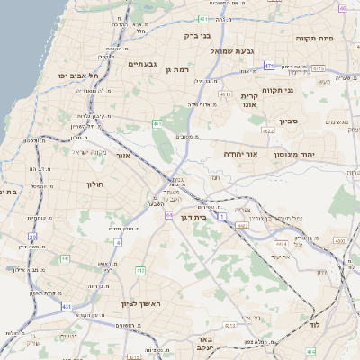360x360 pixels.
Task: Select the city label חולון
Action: (x=95, y=184)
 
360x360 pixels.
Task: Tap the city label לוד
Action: (x=315, y=324)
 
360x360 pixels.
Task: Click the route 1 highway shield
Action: (x=221, y=206)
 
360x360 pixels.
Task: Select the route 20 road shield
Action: (x=32, y=237)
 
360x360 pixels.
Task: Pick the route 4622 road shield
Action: (x=267, y=130)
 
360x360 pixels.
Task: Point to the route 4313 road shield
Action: (x=231, y=325)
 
